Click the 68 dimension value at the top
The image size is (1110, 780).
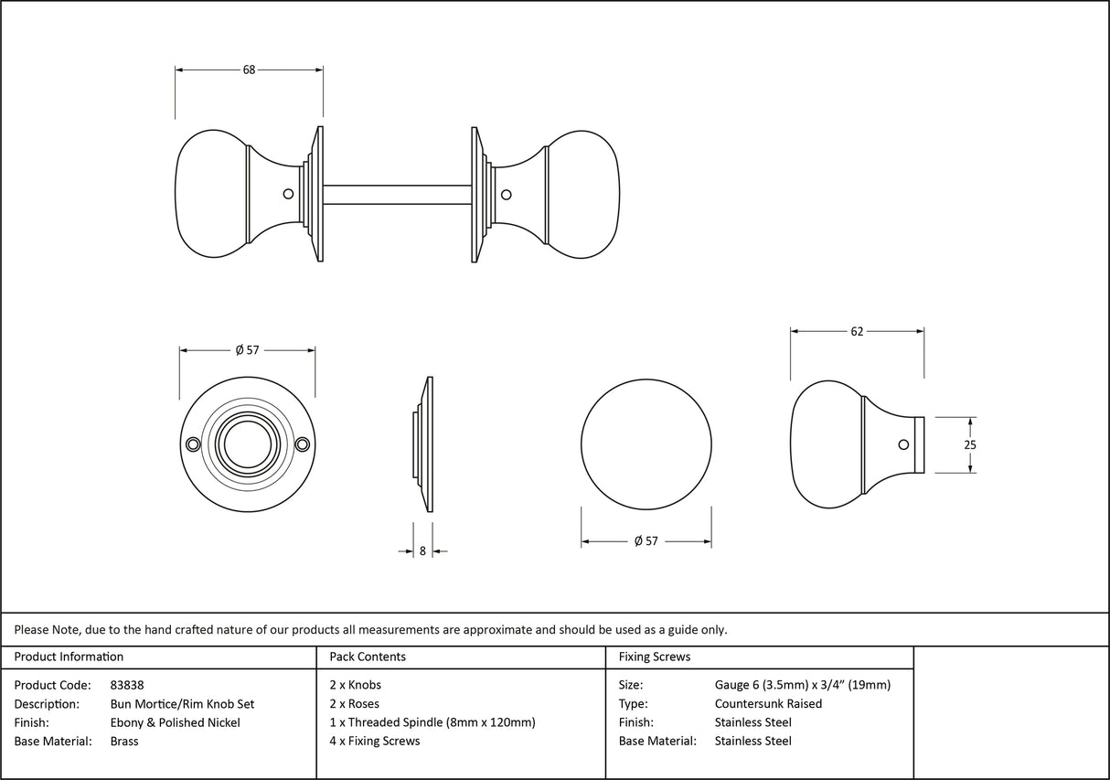pos(249,69)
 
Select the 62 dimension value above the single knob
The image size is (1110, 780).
pos(857,331)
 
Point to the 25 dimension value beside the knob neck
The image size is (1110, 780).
pos(970,444)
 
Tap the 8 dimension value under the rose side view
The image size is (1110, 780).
pos(422,550)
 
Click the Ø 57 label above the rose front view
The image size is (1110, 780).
pos(247,350)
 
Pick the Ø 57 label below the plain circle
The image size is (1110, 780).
pos(646,541)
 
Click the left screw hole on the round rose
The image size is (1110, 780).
pos(192,444)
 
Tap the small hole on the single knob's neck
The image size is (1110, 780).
pos(903,444)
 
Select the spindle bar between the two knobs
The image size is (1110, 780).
pos(397,194)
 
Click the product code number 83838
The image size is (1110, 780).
pos(126,685)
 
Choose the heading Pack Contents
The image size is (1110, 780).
pos(368,657)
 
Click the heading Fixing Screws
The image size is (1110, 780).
pos(655,657)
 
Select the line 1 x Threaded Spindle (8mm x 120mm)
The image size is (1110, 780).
pos(432,722)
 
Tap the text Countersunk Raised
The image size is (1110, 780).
pos(768,703)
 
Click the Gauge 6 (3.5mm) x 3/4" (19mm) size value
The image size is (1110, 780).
pos(802,685)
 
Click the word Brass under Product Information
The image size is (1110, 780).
pos(124,741)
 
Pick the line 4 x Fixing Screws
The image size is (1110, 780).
pos(375,741)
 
